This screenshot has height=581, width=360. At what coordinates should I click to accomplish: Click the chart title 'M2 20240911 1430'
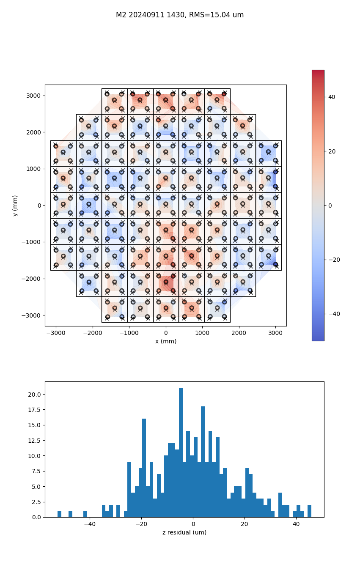180,15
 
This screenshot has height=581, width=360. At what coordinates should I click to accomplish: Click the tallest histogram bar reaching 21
181,452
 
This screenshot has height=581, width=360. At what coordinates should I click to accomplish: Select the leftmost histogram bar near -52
59,514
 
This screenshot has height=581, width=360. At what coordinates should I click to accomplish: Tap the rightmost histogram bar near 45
309,511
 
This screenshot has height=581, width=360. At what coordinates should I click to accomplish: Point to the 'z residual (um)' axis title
184,532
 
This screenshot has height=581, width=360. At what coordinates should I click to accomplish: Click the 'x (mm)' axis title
165,341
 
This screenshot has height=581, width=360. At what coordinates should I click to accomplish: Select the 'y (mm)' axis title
15,206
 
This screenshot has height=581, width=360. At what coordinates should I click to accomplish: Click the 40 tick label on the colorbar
332,97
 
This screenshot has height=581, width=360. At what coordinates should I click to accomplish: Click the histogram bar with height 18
203,462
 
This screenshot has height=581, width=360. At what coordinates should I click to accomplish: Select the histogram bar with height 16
144,468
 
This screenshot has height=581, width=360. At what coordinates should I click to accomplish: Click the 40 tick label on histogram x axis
296,524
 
